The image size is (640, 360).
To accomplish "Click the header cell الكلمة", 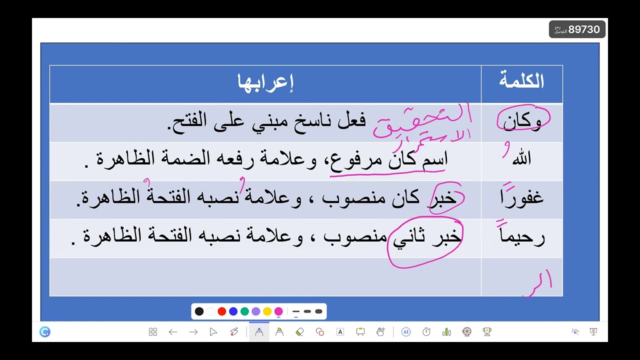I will [x=521, y=81].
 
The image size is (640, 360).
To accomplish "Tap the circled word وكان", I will [x=522, y=121].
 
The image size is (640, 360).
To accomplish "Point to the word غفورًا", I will [x=521, y=197].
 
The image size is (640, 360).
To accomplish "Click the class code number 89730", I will [x=584, y=29].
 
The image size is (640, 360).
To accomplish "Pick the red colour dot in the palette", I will [x=222, y=311].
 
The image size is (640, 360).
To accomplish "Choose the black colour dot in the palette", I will [x=199, y=311].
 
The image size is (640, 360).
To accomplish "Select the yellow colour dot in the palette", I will [x=267, y=311].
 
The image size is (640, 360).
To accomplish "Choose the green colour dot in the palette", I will [x=244, y=311].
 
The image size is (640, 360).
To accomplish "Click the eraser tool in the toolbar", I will [x=300, y=331].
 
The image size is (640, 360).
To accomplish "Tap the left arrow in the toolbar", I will [x=173, y=331].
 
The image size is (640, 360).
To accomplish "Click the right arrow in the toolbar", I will [x=193, y=331].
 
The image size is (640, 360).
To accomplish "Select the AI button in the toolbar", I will [x=406, y=331].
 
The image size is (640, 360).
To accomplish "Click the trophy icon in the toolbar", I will [x=487, y=331].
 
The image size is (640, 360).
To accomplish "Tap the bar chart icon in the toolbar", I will [x=446, y=331].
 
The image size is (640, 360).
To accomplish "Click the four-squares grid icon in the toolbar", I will [x=153, y=331].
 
